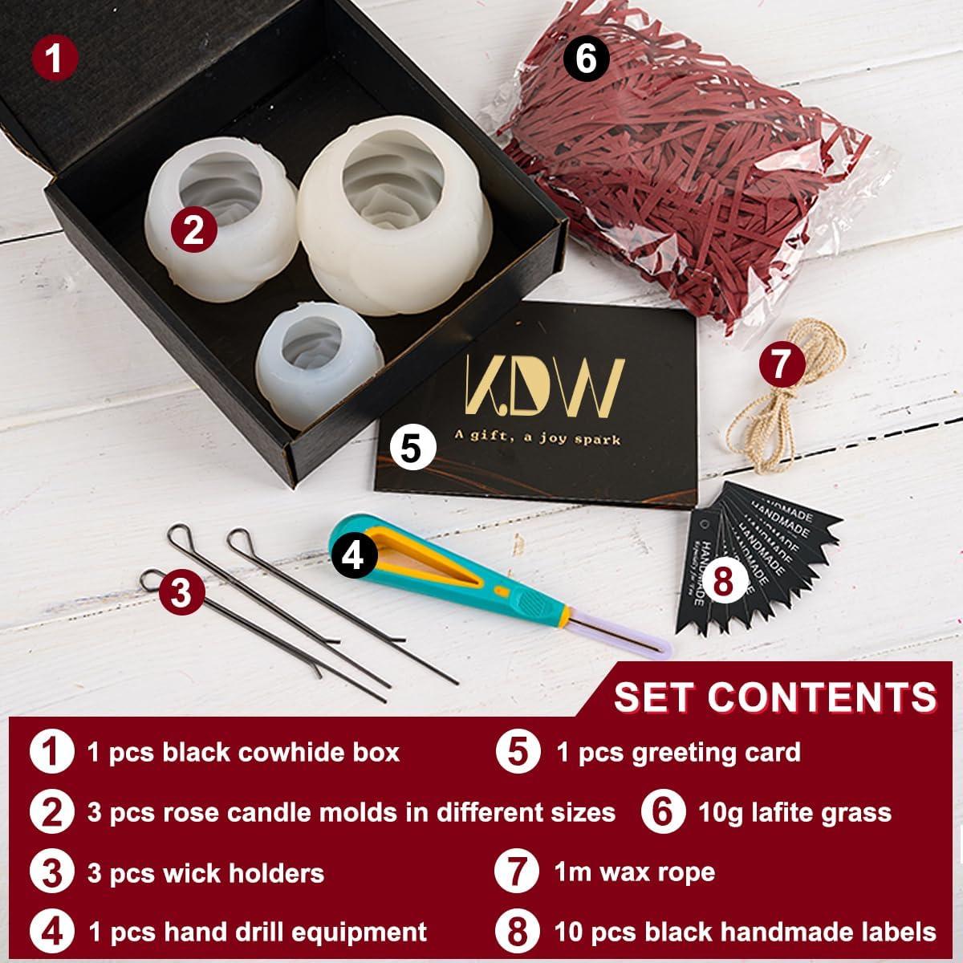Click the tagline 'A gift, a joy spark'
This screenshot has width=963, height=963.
(543, 439)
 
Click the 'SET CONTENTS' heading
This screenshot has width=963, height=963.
(775, 696)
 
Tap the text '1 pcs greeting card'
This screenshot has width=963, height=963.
(678, 753)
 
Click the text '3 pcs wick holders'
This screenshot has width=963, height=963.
(205, 873)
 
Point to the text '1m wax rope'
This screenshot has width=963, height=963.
(634, 872)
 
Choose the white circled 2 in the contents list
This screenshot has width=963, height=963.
(52, 812)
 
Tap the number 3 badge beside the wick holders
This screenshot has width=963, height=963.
(181, 594)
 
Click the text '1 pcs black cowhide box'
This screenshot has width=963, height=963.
(243, 753)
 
